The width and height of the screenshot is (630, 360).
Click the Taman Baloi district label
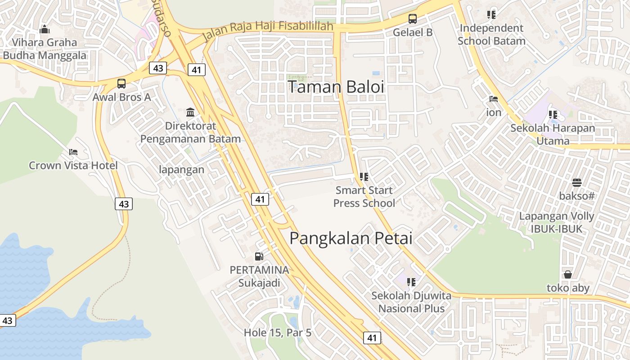point(336,87)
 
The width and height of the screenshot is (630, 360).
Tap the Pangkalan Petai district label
point(351,238)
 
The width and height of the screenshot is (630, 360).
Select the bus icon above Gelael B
point(412,19)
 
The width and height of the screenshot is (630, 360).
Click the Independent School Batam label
point(491,35)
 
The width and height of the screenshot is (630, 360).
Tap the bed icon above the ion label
point(494,99)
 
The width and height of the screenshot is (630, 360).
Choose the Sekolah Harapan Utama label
point(553,134)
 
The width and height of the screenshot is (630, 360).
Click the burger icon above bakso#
point(577,183)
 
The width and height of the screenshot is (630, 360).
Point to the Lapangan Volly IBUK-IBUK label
point(557,222)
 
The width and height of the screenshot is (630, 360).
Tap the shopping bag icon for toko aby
point(568,274)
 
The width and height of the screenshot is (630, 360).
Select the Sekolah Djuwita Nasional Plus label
point(411,302)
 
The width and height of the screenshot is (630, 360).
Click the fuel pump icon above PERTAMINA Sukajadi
point(259,256)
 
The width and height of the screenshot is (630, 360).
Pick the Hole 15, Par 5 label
point(278,333)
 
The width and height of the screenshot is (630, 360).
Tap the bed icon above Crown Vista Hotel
point(73,152)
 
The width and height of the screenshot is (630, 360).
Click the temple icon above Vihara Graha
point(45,30)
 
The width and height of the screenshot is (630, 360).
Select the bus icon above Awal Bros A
point(121,83)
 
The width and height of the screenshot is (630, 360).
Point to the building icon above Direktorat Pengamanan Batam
point(190,112)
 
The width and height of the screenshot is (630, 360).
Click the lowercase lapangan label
point(182,170)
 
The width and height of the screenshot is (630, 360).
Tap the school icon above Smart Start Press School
point(364,177)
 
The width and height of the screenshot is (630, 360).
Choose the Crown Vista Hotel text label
point(73,166)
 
